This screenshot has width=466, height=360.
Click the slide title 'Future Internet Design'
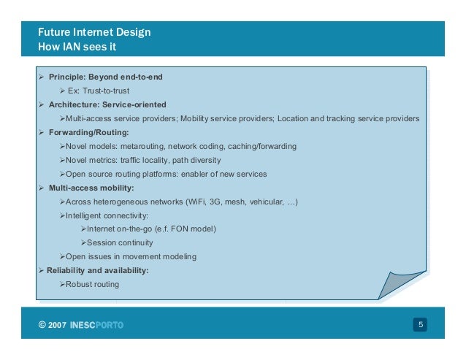(95, 33)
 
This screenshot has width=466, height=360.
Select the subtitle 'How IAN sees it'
(78, 47)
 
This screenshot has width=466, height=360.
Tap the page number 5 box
(421, 324)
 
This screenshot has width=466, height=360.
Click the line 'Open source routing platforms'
(124, 174)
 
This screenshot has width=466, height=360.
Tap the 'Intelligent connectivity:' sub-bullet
(107, 215)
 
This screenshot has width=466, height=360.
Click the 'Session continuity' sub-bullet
(120, 243)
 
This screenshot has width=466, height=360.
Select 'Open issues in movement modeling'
(131, 257)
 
